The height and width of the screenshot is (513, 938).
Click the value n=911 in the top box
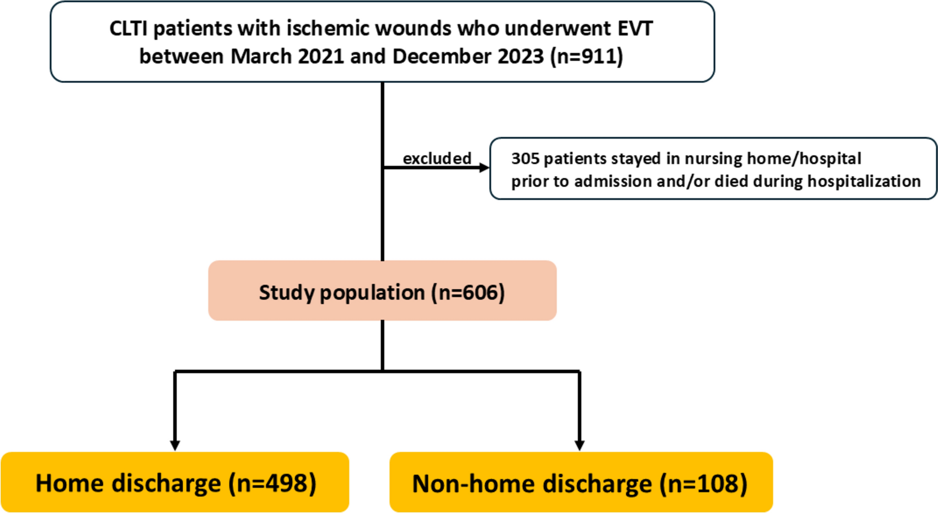click(x=587, y=56)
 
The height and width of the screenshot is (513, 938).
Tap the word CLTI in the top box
click(x=128, y=29)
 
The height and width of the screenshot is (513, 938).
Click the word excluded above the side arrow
click(x=437, y=158)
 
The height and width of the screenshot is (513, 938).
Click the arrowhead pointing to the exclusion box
click(x=484, y=168)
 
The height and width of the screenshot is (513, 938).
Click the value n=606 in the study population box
click(x=468, y=292)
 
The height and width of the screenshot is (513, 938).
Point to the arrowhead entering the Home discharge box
click(x=175, y=445)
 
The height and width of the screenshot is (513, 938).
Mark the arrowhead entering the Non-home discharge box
click(x=580, y=445)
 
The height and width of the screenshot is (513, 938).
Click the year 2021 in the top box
click(x=321, y=56)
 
